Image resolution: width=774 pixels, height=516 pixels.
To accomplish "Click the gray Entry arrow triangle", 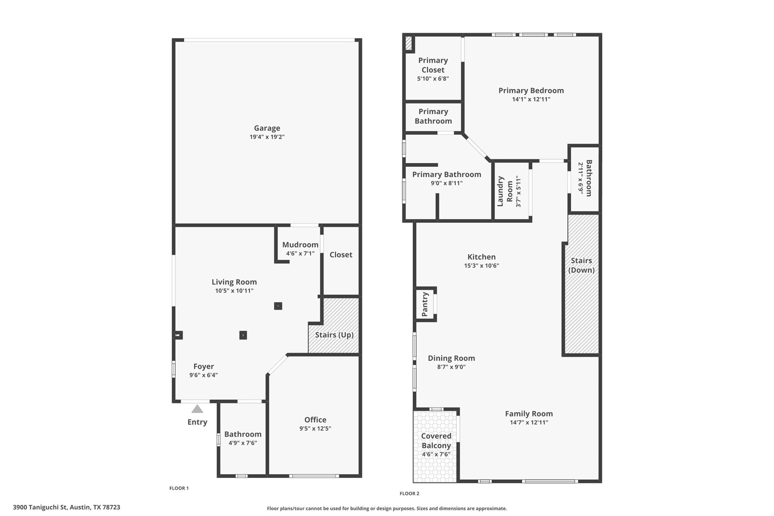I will pyautogui.click(x=197, y=409).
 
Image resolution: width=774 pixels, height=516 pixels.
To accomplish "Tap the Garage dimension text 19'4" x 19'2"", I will pyautogui.click(x=267, y=137).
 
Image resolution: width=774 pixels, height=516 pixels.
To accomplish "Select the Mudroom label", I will pyautogui.click(x=300, y=245).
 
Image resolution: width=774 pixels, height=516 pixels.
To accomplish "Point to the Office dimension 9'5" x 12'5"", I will pyautogui.click(x=315, y=428).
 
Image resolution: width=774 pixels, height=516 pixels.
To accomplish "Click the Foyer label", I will pyautogui.click(x=203, y=366).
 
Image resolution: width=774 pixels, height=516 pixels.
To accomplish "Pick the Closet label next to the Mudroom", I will pyautogui.click(x=341, y=255).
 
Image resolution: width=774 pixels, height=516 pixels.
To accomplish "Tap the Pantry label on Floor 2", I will pyautogui.click(x=425, y=304).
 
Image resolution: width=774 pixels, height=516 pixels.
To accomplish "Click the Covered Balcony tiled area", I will pyautogui.click(x=435, y=469).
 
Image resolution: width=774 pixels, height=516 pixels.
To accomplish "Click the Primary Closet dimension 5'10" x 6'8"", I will pyautogui.click(x=433, y=79).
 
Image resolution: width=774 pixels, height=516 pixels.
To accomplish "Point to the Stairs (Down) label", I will pyautogui.click(x=581, y=265).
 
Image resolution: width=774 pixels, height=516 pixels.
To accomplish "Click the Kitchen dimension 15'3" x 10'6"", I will pyautogui.click(x=481, y=266).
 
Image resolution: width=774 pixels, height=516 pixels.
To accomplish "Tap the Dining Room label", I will pyautogui.click(x=451, y=358).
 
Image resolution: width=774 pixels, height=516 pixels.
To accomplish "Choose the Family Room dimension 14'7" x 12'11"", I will pyautogui.click(x=529, y=423).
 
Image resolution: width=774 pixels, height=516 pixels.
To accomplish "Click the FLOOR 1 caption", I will pyautogui.click(x=179, y=488).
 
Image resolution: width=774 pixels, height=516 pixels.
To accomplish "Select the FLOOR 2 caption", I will pyautogui.click(x=409, y=493).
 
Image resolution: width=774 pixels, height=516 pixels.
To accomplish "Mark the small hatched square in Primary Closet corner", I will pyautogui.click(x=409, y=43).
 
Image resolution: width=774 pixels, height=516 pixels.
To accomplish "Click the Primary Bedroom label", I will pyautogui.click(x=531, y=90).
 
